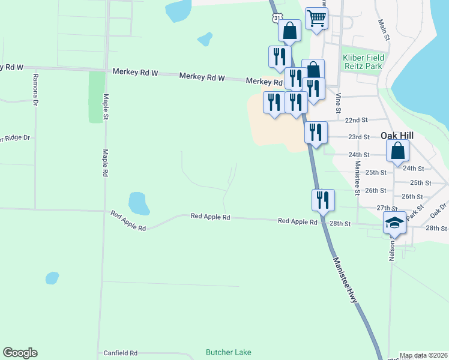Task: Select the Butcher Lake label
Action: (x=228, y=352)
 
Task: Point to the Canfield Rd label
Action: (x=121, y=353)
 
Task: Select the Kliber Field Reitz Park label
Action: (x=363, y=62)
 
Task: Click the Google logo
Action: (x=20, y=353)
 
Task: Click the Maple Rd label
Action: (x=104, y=163)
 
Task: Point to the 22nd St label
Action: (x=356, y=120)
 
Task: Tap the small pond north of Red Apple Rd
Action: (x=139, y=204)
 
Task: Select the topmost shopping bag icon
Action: (x=289, y=31)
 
